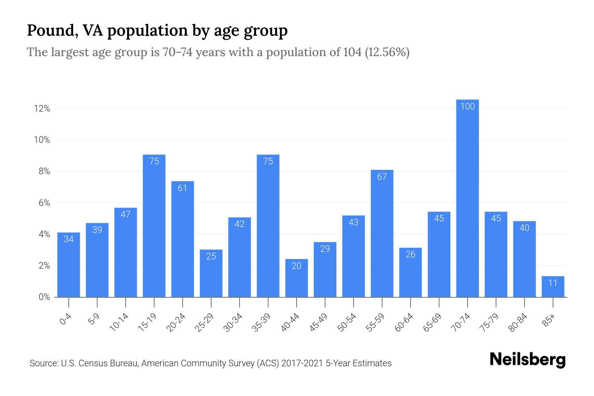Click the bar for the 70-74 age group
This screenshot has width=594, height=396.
467,198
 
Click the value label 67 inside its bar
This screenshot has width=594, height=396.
382,177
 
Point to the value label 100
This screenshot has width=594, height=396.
467,107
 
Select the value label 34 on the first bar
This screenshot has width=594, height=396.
69,239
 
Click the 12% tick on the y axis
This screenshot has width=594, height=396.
42,109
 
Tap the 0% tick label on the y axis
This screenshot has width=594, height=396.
44,297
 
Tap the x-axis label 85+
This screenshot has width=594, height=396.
548,320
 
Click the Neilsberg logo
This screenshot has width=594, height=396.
527,360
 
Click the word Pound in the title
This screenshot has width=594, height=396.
52,30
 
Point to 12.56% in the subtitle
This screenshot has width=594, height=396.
387,52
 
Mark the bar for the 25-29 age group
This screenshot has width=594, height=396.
211,273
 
